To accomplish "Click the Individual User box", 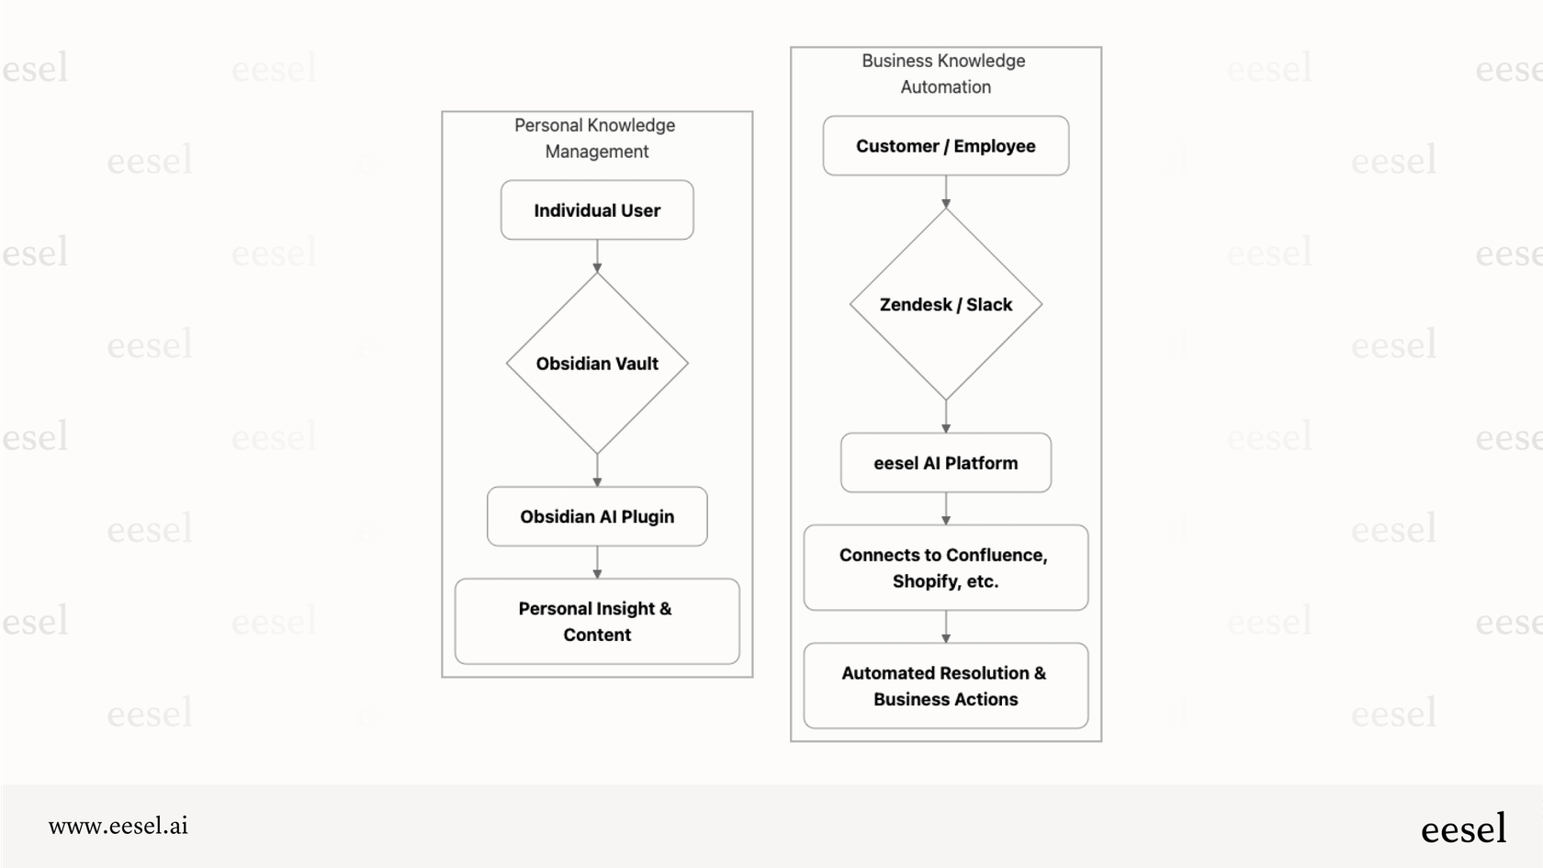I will tap(597, 210).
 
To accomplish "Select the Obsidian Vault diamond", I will tap(597, 364).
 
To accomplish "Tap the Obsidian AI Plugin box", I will tap(597, 516).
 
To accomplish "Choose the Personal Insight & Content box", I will tap(597, 621).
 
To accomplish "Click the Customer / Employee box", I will tap(945, 146).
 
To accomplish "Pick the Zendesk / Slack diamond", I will tap(945, 305).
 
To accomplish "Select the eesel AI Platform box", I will tap(945, 463).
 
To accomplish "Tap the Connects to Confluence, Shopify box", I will tap(945, 568).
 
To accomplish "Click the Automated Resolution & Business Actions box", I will tap(945, 686).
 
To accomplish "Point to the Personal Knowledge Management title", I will tap(596, 138).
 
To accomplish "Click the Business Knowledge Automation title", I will tap(944, 73).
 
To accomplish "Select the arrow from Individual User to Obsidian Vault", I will tap(597, 256).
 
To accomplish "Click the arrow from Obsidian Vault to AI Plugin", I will tap(597, 470).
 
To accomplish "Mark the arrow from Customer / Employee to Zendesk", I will tap(946, 192).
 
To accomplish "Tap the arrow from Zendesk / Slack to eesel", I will tap(946, 416).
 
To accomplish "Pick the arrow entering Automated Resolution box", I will tap(946, 627).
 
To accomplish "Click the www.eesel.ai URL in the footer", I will tap(118, 826).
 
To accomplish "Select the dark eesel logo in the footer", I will tap(1463, 829).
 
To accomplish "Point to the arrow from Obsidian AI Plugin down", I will tap(597, 562).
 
